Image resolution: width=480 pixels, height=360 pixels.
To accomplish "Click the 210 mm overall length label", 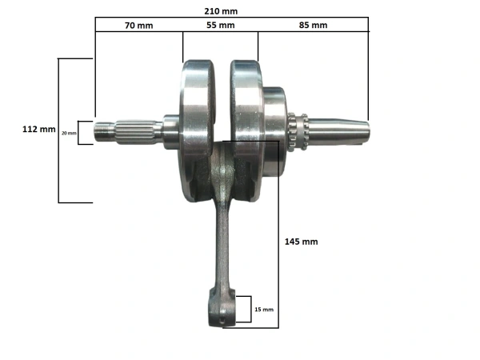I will click(222, 11).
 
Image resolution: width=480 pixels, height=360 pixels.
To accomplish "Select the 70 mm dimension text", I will click(138, 25).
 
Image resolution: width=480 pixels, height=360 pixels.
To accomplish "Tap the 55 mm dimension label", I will click(221, 25).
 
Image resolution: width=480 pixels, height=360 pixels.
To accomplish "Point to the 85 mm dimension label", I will click(314, 25).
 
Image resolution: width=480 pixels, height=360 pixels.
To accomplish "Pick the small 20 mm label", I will click(68, 133).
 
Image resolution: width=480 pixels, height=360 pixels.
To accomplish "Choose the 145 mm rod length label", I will click(302, 241).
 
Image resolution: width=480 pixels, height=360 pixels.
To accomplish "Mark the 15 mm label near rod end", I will click(263, 309).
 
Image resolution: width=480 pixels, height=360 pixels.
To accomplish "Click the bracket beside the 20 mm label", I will click(81, 132).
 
